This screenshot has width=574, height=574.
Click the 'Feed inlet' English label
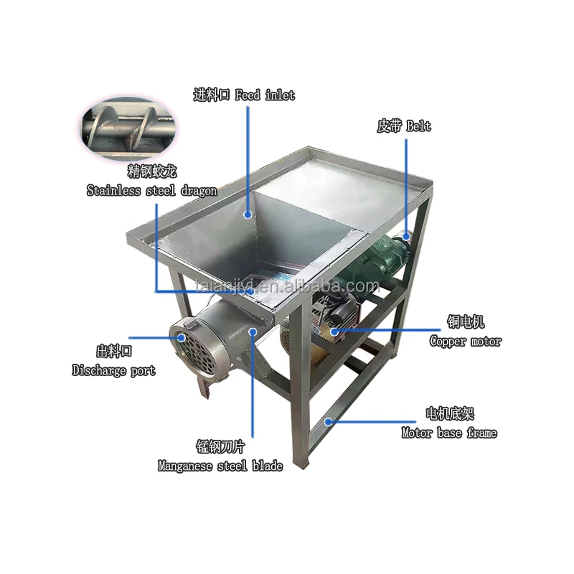point(265,95)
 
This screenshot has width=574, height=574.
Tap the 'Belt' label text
point(419,126)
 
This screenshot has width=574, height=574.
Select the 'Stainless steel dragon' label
point(151,191)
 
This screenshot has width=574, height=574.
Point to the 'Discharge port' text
point(113,370)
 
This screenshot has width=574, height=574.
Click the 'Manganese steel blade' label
point(220,466)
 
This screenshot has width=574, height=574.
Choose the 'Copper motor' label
point(465,342)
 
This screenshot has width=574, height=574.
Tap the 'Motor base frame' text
point(449,433)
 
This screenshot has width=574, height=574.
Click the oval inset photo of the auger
point(128,128)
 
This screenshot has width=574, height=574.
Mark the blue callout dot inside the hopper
point(248,215)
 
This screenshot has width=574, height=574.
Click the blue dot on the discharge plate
point(182,337)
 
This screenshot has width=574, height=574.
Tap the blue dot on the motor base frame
point(329,422)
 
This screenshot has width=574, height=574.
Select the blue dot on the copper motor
point(334,331)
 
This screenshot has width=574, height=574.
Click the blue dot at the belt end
point(406,236)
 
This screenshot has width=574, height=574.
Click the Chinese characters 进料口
point(212,95)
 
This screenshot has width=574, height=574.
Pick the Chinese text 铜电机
point(466,322)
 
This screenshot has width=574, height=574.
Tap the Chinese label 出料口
point(114,352)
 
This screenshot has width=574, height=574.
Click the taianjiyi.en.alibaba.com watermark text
point(287,286)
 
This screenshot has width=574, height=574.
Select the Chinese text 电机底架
point(450,414)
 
